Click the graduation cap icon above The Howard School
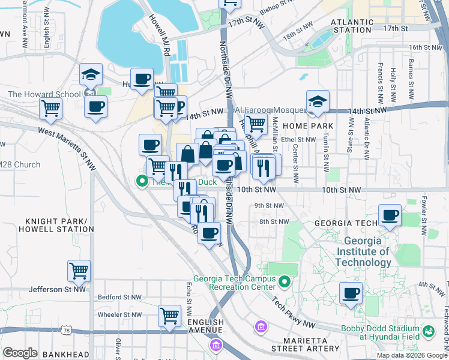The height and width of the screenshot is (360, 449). tap(91, 75)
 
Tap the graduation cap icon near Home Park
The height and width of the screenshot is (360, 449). tap(318, 101)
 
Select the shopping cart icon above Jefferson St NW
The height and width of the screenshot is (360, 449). tap(79, 271)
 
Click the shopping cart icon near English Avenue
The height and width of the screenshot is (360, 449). tap(170, 315)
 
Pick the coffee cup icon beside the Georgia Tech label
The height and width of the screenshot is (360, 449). tap(390, 215)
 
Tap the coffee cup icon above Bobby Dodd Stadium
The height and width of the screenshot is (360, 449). tap(351, 293)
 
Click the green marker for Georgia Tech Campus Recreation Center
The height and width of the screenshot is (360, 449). tap(285, 281)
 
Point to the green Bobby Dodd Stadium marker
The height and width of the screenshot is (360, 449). tap(429, 331)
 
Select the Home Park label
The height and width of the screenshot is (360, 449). tap(308, 126)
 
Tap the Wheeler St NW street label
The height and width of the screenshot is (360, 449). tap(119, 314)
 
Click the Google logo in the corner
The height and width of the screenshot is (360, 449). tap(20, 352)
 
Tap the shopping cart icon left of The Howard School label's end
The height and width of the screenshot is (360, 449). tap(51, 109)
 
